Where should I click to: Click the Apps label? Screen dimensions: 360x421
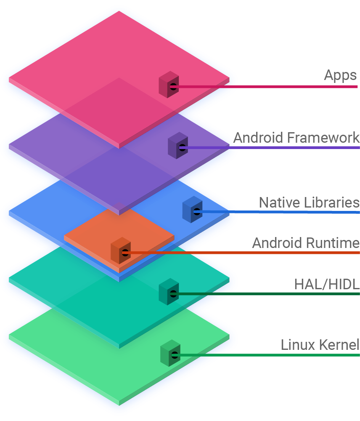[340, 75]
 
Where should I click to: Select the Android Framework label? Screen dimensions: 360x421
[296, 138]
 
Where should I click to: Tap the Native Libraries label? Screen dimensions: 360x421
[309, 203]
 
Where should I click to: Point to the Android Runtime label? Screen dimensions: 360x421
[306, 243]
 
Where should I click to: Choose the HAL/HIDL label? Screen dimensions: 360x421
[327, 284]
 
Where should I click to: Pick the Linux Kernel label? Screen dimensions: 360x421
[320, 345]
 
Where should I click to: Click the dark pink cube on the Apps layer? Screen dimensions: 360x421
[169, 85]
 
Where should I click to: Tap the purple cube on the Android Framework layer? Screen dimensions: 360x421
[178, 145]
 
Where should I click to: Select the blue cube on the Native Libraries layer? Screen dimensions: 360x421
[192, 209]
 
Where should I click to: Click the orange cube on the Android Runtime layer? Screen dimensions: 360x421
[121, 250]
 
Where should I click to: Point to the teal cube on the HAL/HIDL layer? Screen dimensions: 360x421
[169, 292]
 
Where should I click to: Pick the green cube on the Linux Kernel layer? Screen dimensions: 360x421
[170, 353]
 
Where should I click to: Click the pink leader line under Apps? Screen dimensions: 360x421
[265, 87]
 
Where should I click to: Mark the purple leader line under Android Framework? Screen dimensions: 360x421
[271, 148]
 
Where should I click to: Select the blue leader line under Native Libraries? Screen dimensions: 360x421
[278, 212]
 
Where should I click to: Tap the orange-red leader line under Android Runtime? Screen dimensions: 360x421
[242, 253]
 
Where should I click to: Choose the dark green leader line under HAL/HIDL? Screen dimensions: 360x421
[266, 294]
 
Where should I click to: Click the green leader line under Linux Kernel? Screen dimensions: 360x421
[267, 355]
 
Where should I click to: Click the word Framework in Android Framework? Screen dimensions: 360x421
[323, 138]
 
